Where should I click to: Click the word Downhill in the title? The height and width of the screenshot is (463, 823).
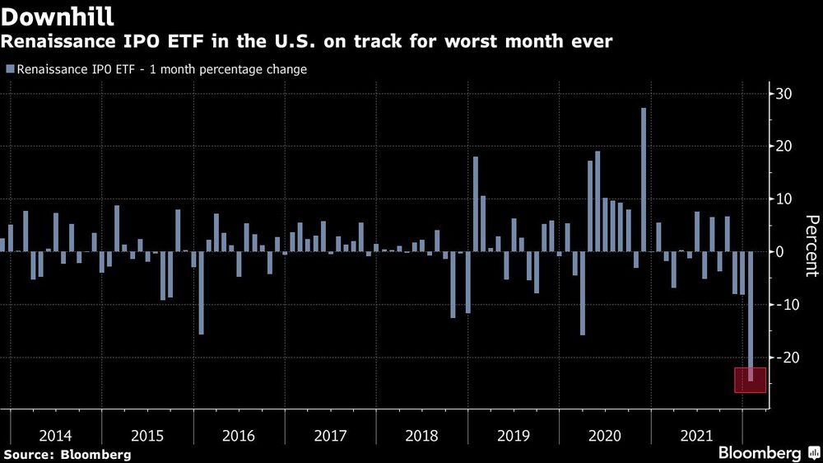[x=58, y=16]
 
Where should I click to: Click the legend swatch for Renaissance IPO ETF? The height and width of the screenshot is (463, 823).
[x=9, y=70]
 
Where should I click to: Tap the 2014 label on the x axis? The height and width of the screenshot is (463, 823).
[x=56, y=435]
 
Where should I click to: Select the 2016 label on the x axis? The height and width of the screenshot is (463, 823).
[x=239, y=435]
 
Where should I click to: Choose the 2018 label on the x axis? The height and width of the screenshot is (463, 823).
[x=421, y=435]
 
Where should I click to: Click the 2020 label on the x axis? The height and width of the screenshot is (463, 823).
[x=604, y=435]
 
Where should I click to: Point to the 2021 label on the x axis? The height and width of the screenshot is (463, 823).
[x=695, y=435]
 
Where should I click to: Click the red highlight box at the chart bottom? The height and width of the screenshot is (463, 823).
[x=750, y=380]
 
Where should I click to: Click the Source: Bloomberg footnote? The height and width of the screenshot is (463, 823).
[x=67, y=454]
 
